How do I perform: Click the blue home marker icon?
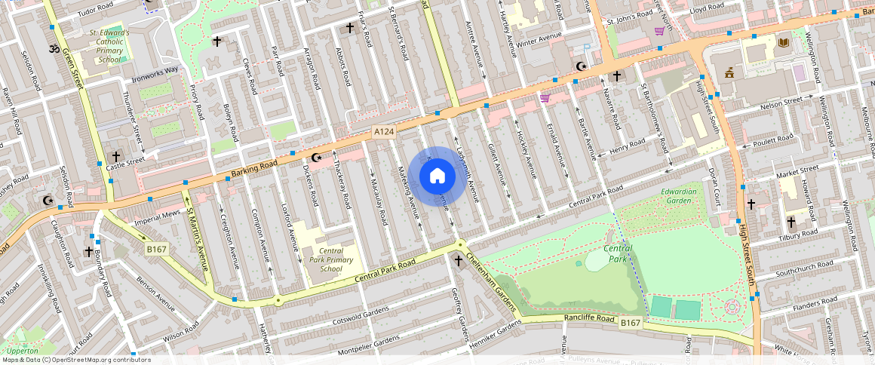(437, 176)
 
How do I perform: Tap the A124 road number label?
(385, 132)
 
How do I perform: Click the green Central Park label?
(618, 254)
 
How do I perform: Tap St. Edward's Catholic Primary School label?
(109, 46)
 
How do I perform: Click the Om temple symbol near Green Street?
(53, 49)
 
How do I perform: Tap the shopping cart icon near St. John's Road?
(659, 31)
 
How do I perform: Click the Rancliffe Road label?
(591, 318)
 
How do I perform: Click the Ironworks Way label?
(155, 70)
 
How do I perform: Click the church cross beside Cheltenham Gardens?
(458, 260)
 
